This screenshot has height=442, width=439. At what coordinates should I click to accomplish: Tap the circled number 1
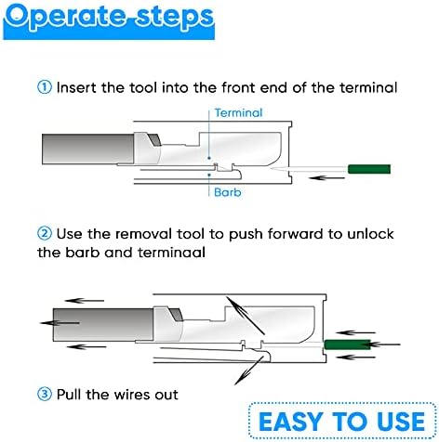(x=44, y=87)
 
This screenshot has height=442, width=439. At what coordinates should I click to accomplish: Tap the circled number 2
(x=44, y=232)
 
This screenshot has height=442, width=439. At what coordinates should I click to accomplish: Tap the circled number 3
(x=44, y=394)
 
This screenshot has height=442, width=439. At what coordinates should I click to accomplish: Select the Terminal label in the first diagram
(x=238, y=112)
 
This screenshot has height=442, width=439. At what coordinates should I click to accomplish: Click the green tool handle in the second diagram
(x=348, y=345)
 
